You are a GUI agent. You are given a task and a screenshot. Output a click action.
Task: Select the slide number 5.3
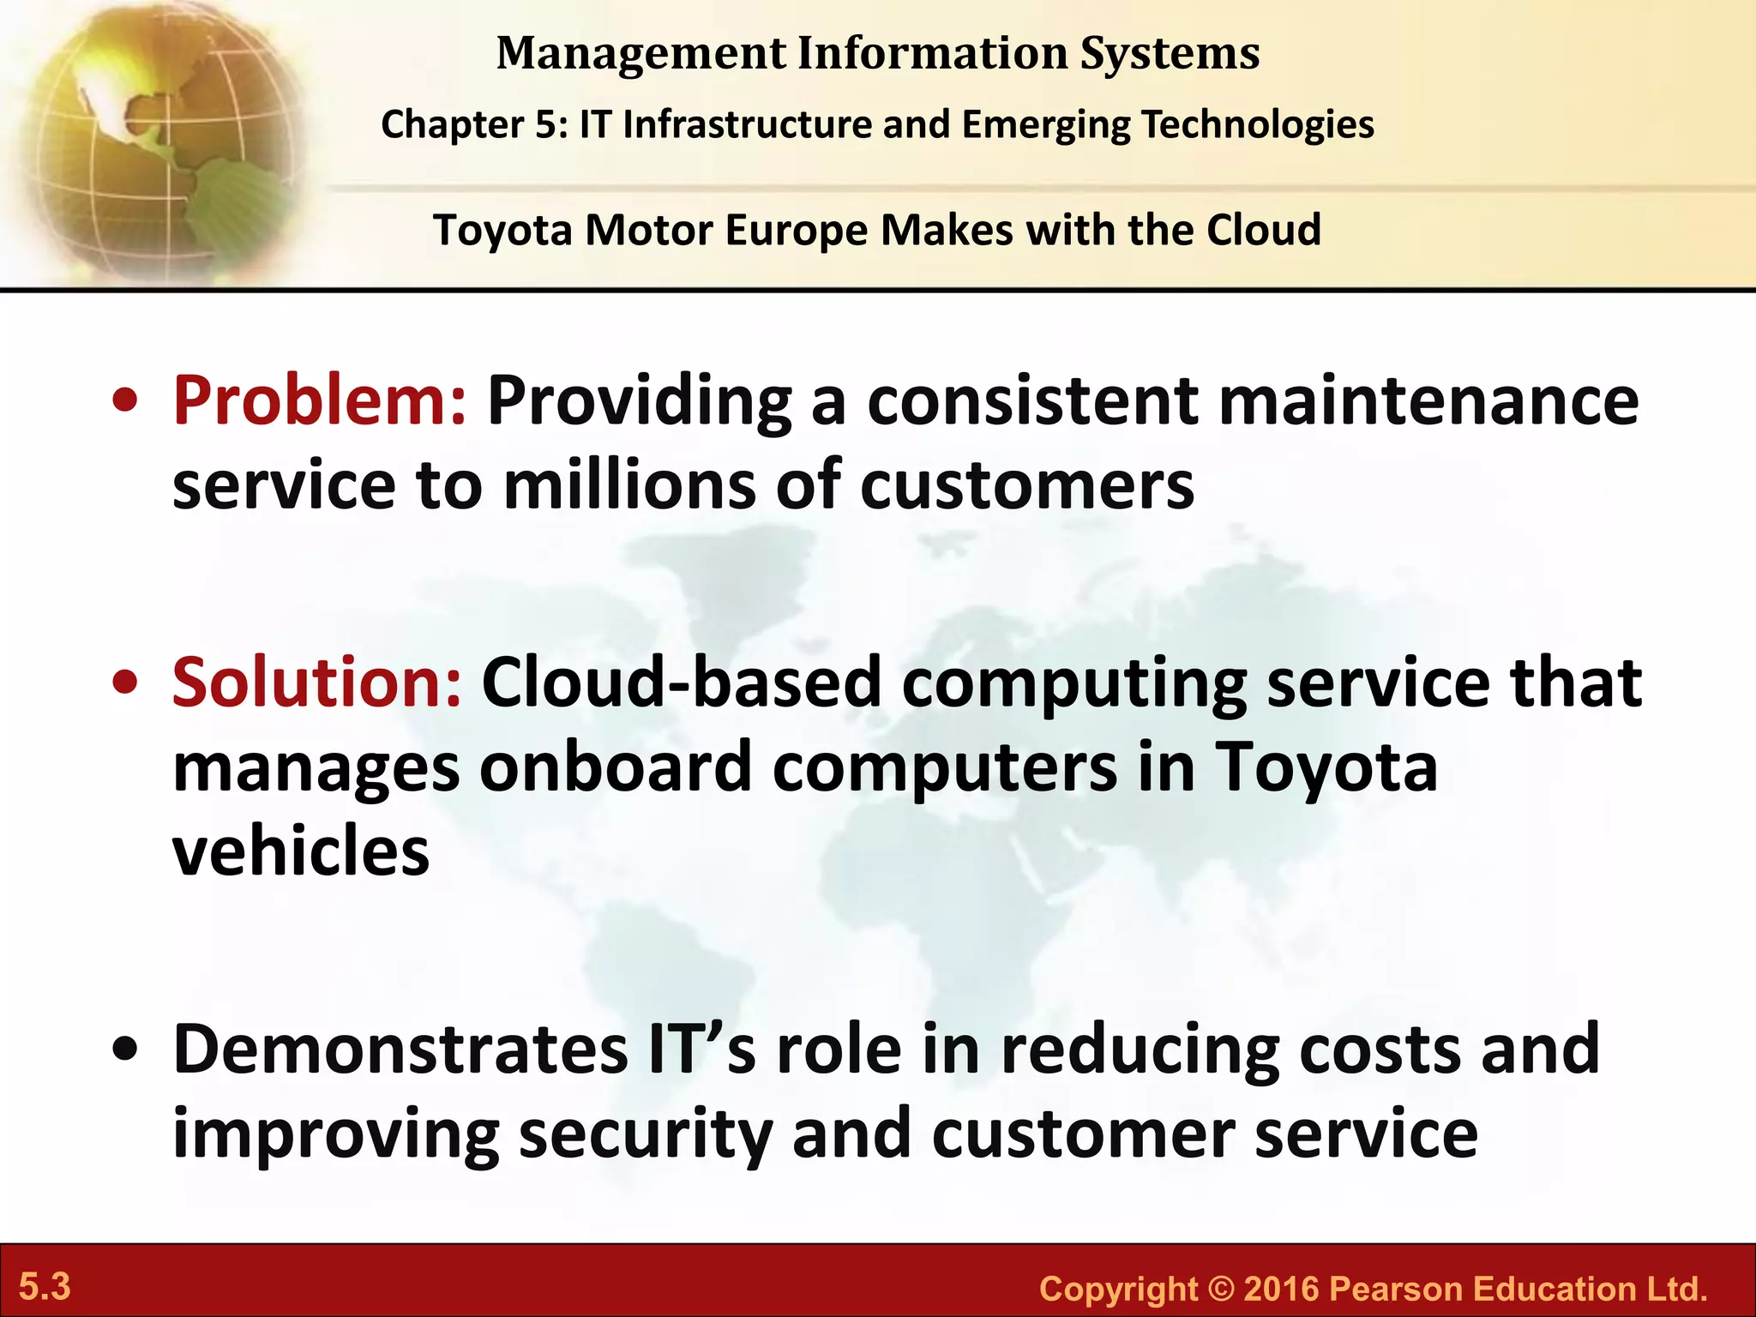(45, 1287)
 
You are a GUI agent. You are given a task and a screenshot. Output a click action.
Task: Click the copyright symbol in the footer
(1220, 1290)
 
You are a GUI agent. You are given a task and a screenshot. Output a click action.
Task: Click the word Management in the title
(641, 53)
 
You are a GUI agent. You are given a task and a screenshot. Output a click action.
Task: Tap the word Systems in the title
(1170, 53)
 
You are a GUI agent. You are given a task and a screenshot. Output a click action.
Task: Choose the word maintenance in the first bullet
(1428, 401)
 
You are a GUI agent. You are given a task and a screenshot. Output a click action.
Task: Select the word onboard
(616, 767)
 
